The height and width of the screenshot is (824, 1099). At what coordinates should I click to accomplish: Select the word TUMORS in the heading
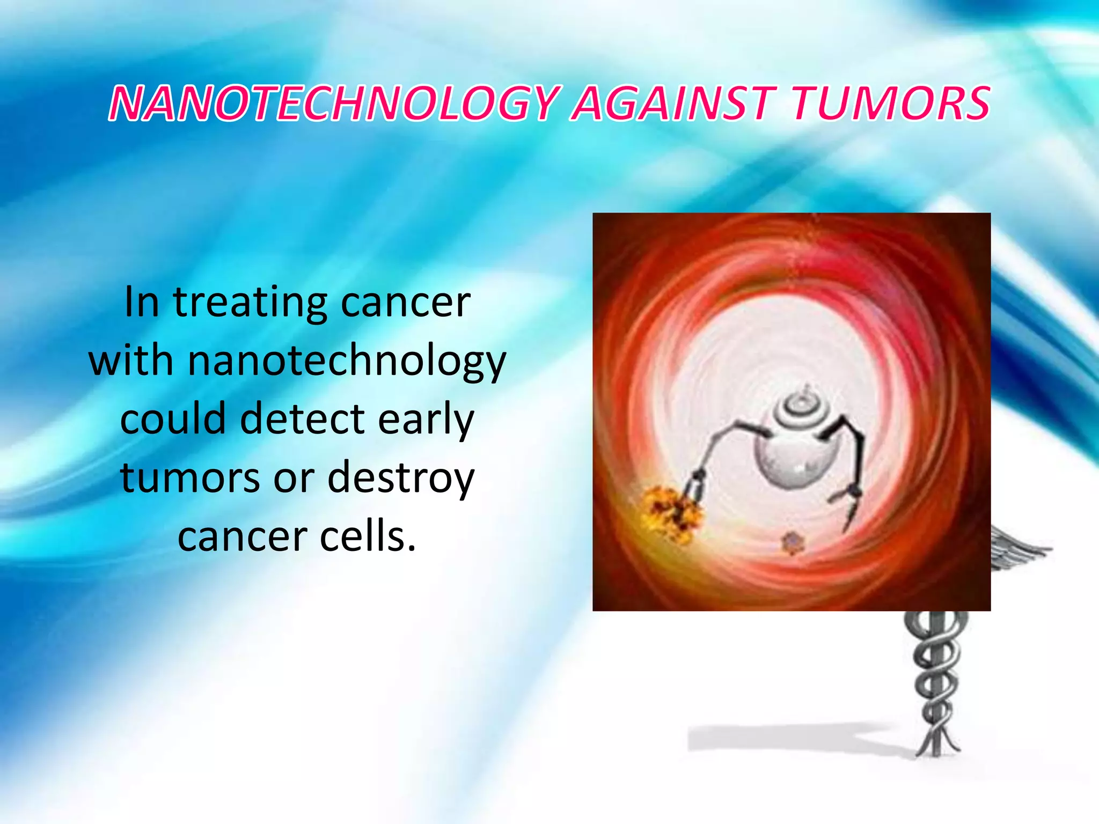[891, 103]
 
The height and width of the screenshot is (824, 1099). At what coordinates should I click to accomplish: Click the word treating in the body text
[250, 303]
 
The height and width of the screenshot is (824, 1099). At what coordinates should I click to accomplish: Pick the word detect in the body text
[303, 420]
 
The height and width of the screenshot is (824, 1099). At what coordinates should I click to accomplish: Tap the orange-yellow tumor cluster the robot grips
[671, 512]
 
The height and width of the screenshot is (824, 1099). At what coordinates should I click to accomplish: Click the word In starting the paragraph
[142, 303]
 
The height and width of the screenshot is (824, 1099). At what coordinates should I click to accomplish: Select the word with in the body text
[130, 361]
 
